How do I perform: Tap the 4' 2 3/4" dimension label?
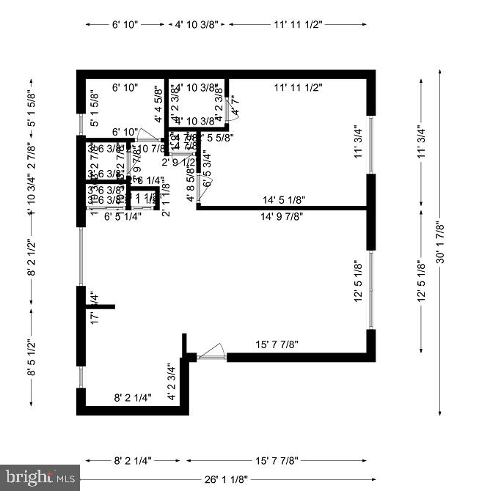(x=171, y=381)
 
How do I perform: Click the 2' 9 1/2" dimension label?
(x=179, y=162)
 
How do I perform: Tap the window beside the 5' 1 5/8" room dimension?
(x=80, y=122)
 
